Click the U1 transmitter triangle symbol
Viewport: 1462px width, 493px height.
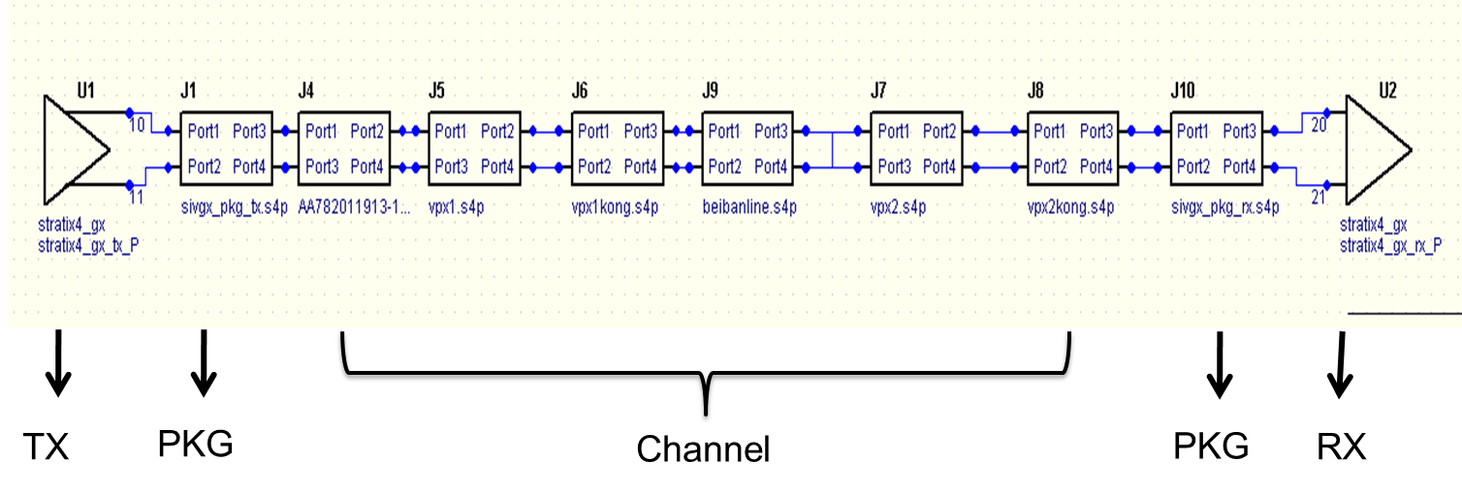coord(74,149)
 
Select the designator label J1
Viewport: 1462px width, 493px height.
coord(188,91)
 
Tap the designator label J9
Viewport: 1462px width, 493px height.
coord(710,91)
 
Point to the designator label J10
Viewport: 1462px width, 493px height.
coord(1183,91)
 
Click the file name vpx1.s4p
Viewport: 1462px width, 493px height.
coord(456,207)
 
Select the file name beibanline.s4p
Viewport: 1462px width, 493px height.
coord(749,207)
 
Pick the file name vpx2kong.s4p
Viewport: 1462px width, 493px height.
coord(1070,207)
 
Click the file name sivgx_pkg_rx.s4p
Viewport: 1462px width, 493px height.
coord(1224,207)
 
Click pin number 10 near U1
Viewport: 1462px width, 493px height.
coord(137,125)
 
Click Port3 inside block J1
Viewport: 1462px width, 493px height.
coord(249,132)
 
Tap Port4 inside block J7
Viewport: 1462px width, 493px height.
coord(939,167)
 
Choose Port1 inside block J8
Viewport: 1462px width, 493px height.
coord(1050,132)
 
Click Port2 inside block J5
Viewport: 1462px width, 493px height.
coord(497,132)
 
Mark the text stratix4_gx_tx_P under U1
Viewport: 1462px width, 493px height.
coord(88,245)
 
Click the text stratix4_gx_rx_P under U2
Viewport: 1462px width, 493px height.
coord(1390,245)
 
